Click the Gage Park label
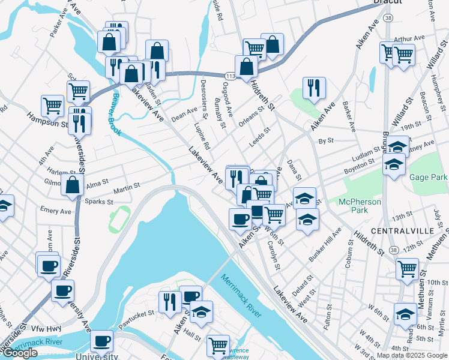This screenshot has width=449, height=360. pyautogui.click(x=429, y=178)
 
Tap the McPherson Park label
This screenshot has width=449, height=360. pyautogui.click(x=360, y=206)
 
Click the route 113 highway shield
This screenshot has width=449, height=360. pyautogui.click(x=231, y=75)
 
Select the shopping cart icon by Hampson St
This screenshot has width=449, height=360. pyautogui.click(x=53, y=106)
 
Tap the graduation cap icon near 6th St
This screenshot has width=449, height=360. pyautogui.click(x=405, y=313)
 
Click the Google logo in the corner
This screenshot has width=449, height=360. pyautogui.click(x=20, y=353)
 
